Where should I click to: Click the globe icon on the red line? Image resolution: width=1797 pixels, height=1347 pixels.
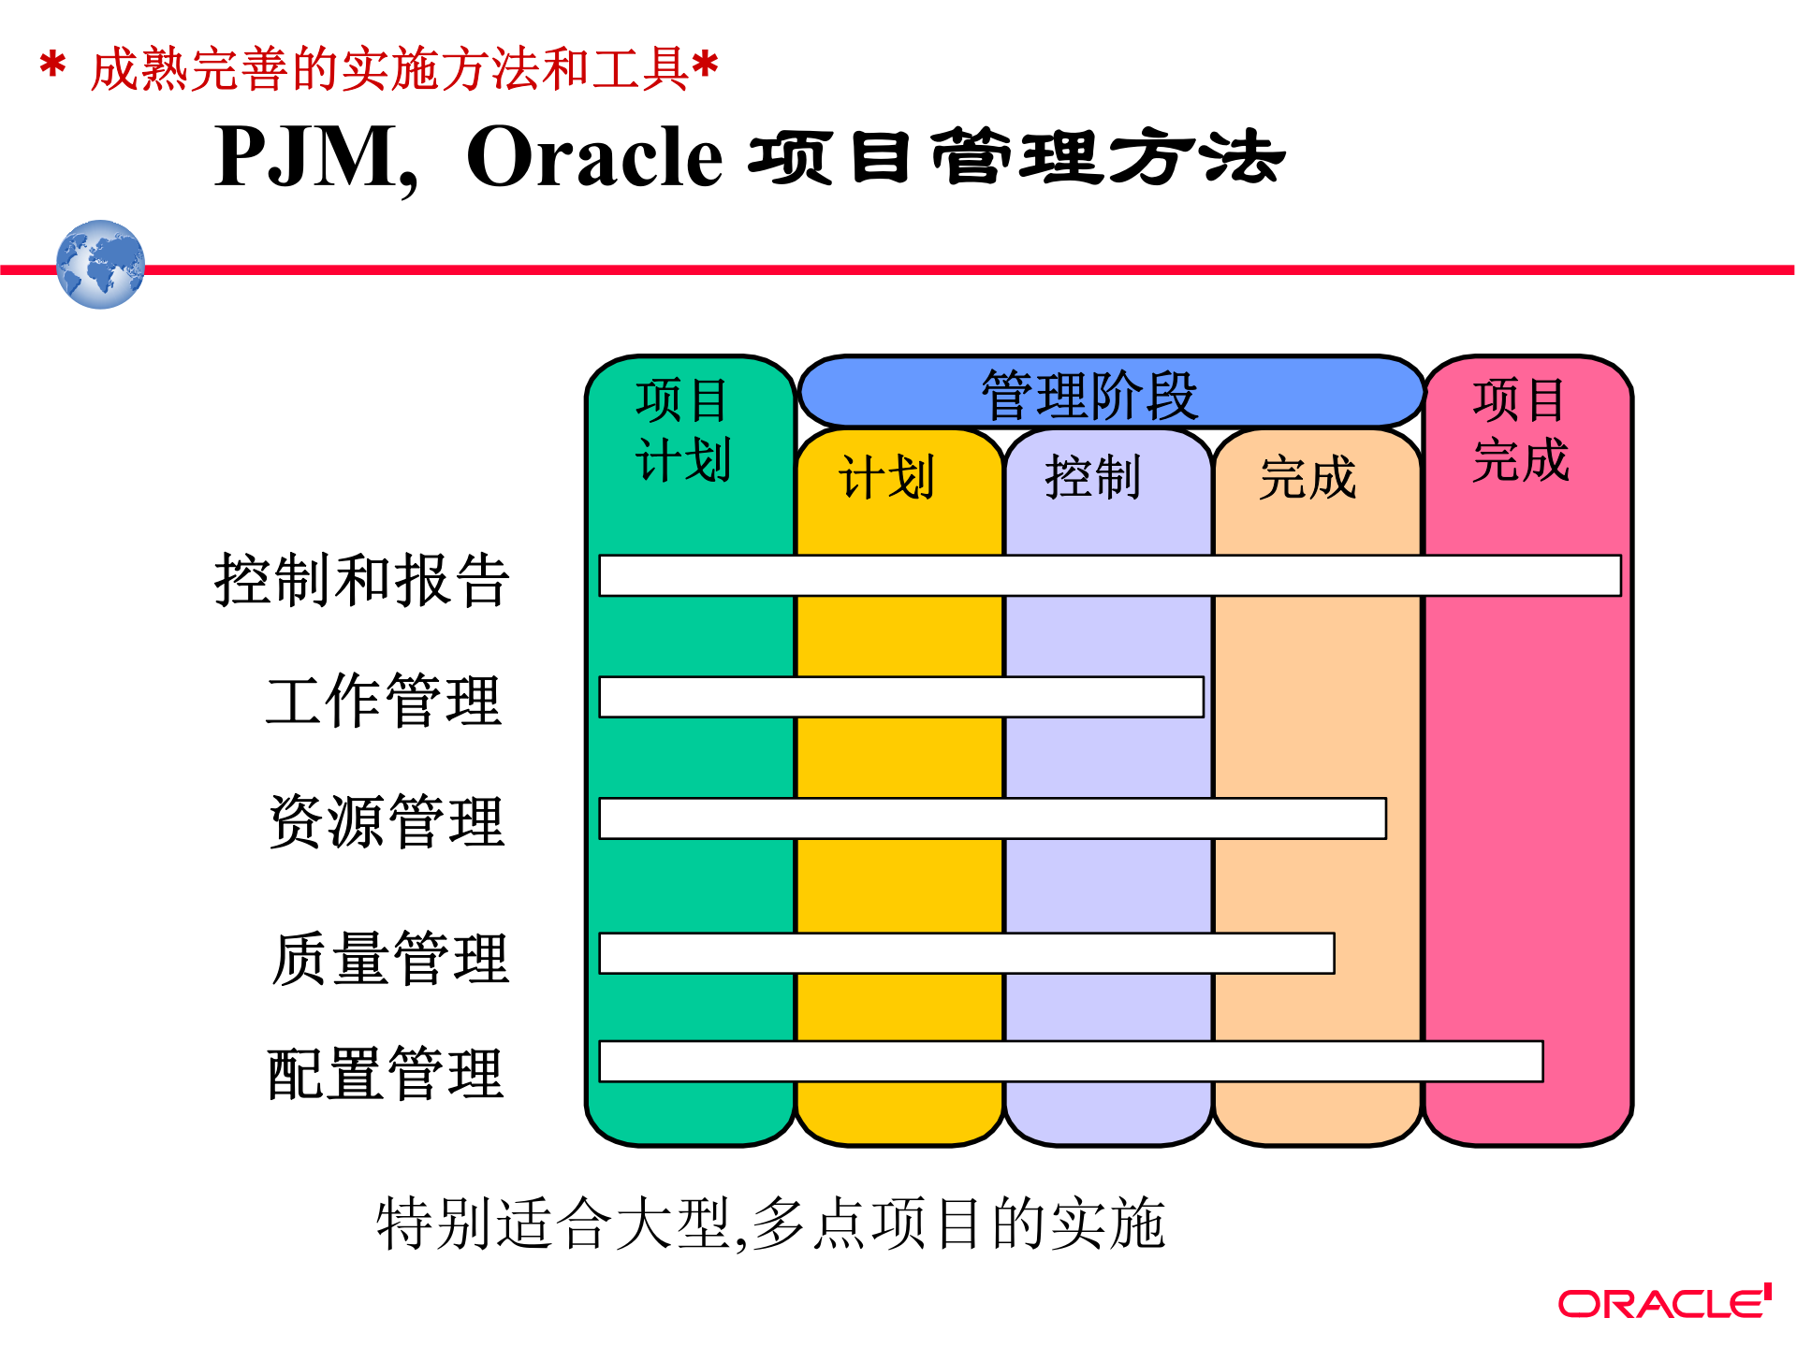pyautogui.click(x=100, y=265)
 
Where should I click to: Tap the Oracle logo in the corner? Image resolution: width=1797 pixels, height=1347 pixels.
pyautogui.click(x=1664, y=1302)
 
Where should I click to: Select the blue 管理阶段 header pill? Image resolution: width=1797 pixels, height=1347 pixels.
pyautogui.click(x=1111, y=393)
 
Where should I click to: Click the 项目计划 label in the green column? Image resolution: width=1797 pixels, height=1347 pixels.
pyautogui.click(x=682, y=430)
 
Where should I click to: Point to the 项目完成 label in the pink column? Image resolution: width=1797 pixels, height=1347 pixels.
pyautogui.click(x=1520, y=430)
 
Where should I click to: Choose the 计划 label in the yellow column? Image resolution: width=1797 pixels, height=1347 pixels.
pyautogui.click(x=886, y=478)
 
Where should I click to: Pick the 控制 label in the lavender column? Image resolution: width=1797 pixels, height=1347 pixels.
pyautogui.click(x=1092, y=478)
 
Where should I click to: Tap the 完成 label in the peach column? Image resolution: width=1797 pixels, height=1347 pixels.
pyautogui.click(x=1308, y=478)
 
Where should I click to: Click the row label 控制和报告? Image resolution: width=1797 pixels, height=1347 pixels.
pyautogui.click(x=362, y=580)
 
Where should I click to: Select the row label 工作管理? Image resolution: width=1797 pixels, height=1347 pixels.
pyautogui.click(x=384, y=701)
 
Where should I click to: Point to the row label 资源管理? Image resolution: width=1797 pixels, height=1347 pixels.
pyautogui.click(x=387, y=821)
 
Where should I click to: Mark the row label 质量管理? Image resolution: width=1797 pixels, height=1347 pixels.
pyautogui.click(x=390, y=958)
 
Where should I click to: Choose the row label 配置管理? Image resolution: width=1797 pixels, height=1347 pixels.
pyautogui.click(x=386, y=1073)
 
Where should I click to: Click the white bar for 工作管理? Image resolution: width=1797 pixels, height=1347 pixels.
pyautogui.click(x=900, y=697)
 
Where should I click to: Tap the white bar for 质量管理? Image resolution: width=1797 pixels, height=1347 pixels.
pyautogui.click(x=966, y=953)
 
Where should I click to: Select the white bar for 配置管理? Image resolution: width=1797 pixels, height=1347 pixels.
pyautogui.click(x=1071, y=1062)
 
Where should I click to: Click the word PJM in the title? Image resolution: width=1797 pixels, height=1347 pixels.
pyautogui.click(x=306, y=157)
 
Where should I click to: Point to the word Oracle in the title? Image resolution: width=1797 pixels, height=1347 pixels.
pyautogui.click(x=594, y=157)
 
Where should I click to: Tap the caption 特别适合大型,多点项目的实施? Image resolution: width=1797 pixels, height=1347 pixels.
pyautogui.click(x=770, y=1224)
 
